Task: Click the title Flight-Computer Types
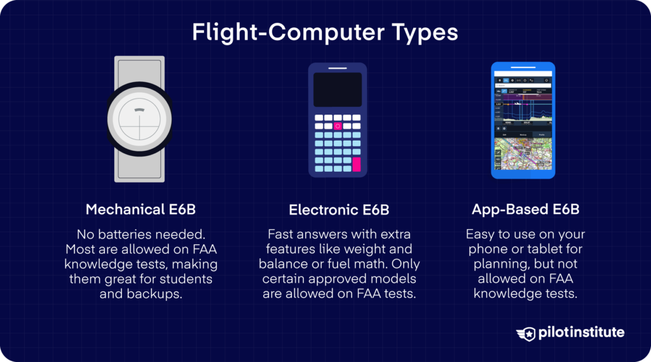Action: click(325, 32)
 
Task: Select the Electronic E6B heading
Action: click(339, 209)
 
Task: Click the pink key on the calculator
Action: click(356, 164)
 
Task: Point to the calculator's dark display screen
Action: click(338, 90)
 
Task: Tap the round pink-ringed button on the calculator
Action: click(338, 126)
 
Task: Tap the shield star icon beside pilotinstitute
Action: click(527, 333)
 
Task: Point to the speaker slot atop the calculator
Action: click(338, 67)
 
